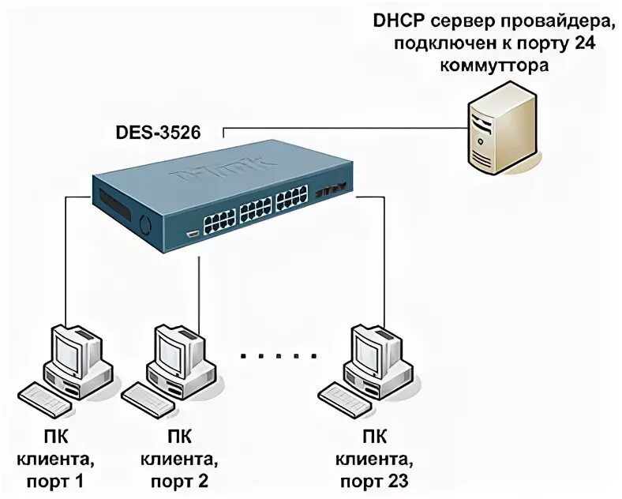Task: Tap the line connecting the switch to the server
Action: [339, 126]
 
